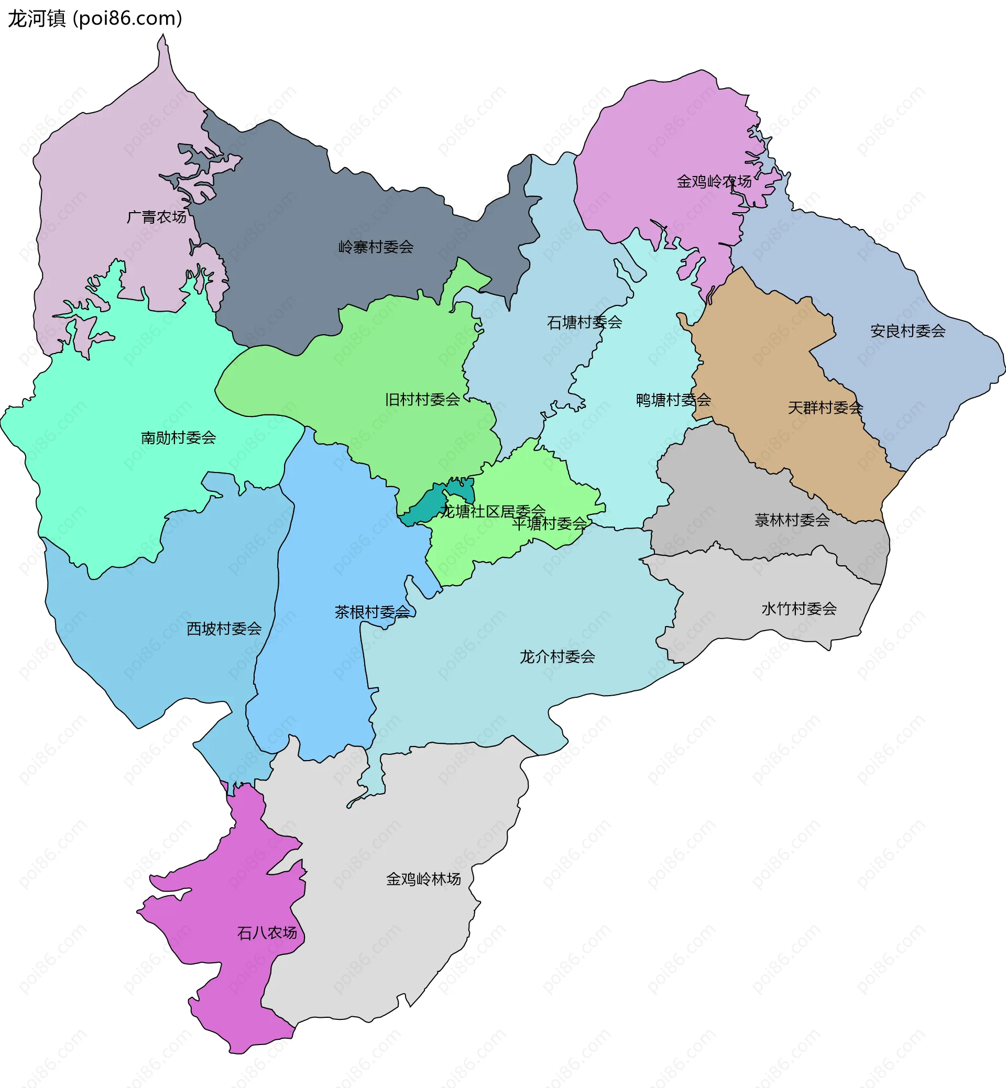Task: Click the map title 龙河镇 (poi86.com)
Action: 95,18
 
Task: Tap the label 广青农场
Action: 157,217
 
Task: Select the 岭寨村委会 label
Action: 376,247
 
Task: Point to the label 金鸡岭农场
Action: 714,181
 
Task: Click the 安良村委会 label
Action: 907,331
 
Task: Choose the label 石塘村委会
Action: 584,322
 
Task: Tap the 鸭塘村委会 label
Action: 673,400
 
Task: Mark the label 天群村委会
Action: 825,408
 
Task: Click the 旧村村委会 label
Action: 422,400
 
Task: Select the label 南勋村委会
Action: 179,437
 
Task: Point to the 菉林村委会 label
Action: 792,520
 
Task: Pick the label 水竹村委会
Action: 799,609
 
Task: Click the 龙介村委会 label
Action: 557,656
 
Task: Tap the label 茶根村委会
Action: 373,612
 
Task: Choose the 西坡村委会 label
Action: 224,629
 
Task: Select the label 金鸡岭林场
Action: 423,879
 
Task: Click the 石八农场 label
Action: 267,933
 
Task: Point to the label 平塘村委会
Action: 549,524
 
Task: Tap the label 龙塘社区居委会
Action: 493,511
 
